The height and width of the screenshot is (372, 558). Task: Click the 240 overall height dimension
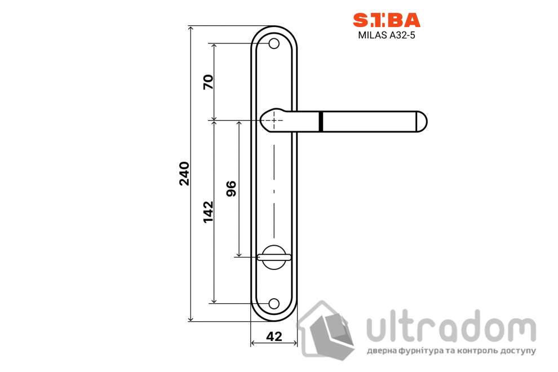(183, 174)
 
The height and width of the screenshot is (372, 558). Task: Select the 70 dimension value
(208, 82)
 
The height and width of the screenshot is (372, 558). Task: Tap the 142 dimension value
(208, 211)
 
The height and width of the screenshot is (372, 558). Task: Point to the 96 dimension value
(231, 189)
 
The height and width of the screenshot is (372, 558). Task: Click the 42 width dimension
(274, 336)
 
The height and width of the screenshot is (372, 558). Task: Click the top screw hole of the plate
(274, 43)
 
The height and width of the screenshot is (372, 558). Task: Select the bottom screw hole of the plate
(274, 303)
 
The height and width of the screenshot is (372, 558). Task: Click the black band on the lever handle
(321, 121)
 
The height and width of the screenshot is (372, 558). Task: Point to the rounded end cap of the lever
(422, 121)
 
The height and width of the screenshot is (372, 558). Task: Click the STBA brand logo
(386, 21)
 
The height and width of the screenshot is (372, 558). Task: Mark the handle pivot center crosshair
(274, 120)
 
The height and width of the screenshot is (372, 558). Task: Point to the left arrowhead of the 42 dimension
(253, 343)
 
